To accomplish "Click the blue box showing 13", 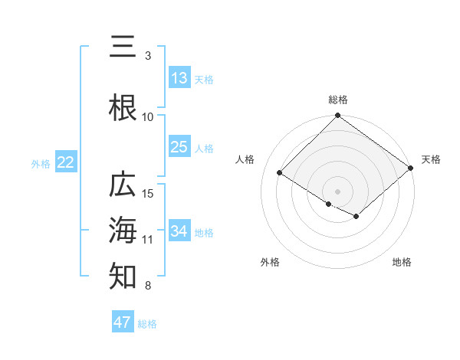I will click(x=179, y=78).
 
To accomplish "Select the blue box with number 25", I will click(x=179, y=147).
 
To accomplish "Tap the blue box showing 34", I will click(x=179, y=231).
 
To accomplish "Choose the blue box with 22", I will click(x=65, y=162).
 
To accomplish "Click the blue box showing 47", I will click(x=123, y=322).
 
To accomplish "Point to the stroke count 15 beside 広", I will click(x=148, y=193).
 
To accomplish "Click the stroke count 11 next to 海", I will click(x=148, y=240).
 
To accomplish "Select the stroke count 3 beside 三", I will click(x=148, y=56).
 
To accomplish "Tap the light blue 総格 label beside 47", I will click(x=147, y=324).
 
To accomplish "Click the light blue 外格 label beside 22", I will click(x=40, y=163).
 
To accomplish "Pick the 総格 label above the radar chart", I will click(x=337, y=100).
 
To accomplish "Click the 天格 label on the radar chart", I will click(x=431, y=159).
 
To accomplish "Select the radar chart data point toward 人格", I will click(x=281, y=172).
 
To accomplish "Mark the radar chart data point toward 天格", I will click(x=411, y=168).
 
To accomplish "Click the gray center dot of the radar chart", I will click(x=337, y=190).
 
